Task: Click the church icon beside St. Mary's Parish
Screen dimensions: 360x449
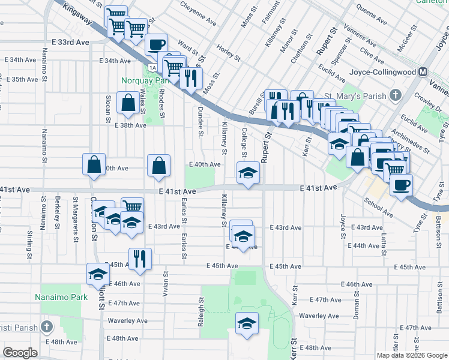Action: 395,95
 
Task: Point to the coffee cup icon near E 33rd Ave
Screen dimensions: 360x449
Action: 155,44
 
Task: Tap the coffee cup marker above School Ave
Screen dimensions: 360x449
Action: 401,184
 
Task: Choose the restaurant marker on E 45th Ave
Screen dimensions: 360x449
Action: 139,259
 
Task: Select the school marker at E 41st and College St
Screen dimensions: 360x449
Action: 247,173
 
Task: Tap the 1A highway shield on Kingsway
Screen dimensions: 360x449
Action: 154,67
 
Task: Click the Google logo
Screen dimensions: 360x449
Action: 20,353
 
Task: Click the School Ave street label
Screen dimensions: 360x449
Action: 378,208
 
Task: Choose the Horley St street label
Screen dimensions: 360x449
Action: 229,53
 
